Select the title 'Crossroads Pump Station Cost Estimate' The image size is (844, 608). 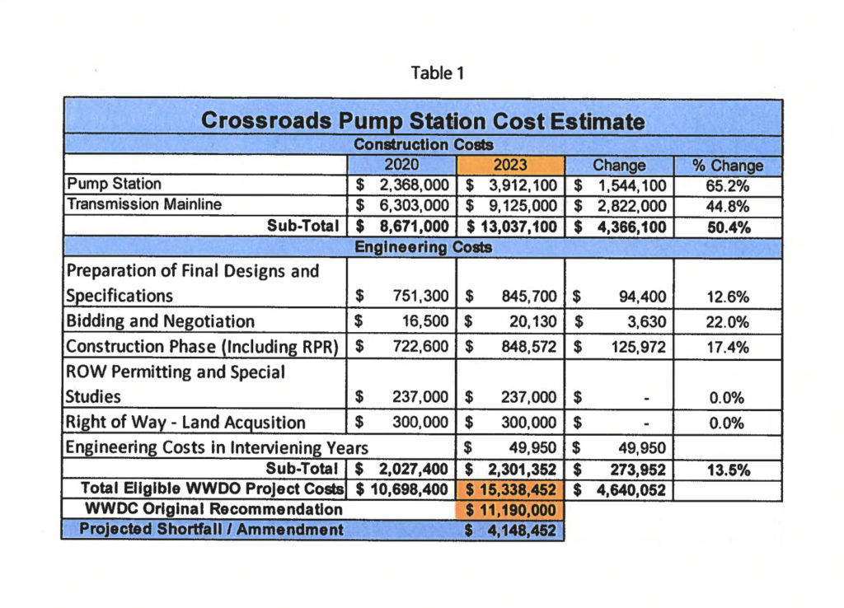tap(422, 120)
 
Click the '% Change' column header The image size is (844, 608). tap(728, 165)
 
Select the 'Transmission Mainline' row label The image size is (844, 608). tap(143, 204)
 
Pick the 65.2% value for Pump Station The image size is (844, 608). tap(728, 185)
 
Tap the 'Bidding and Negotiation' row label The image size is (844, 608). tap(160, 321)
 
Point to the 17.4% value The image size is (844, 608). tap(728, 347)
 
